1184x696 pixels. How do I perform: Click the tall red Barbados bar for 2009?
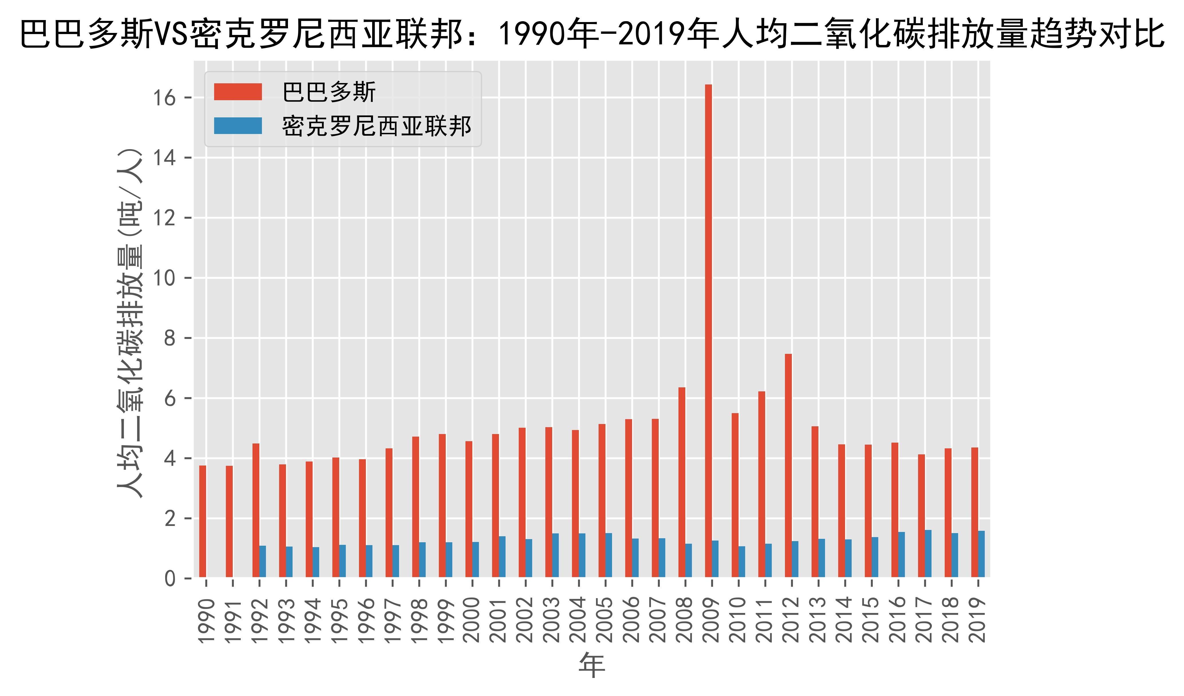(708, 329)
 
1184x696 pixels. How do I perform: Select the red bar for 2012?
(788, 465)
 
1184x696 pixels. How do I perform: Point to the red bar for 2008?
(682, 482)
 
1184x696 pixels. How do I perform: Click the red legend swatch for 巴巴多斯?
(238, 92)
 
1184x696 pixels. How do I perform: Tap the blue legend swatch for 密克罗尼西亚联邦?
(238, 125)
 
